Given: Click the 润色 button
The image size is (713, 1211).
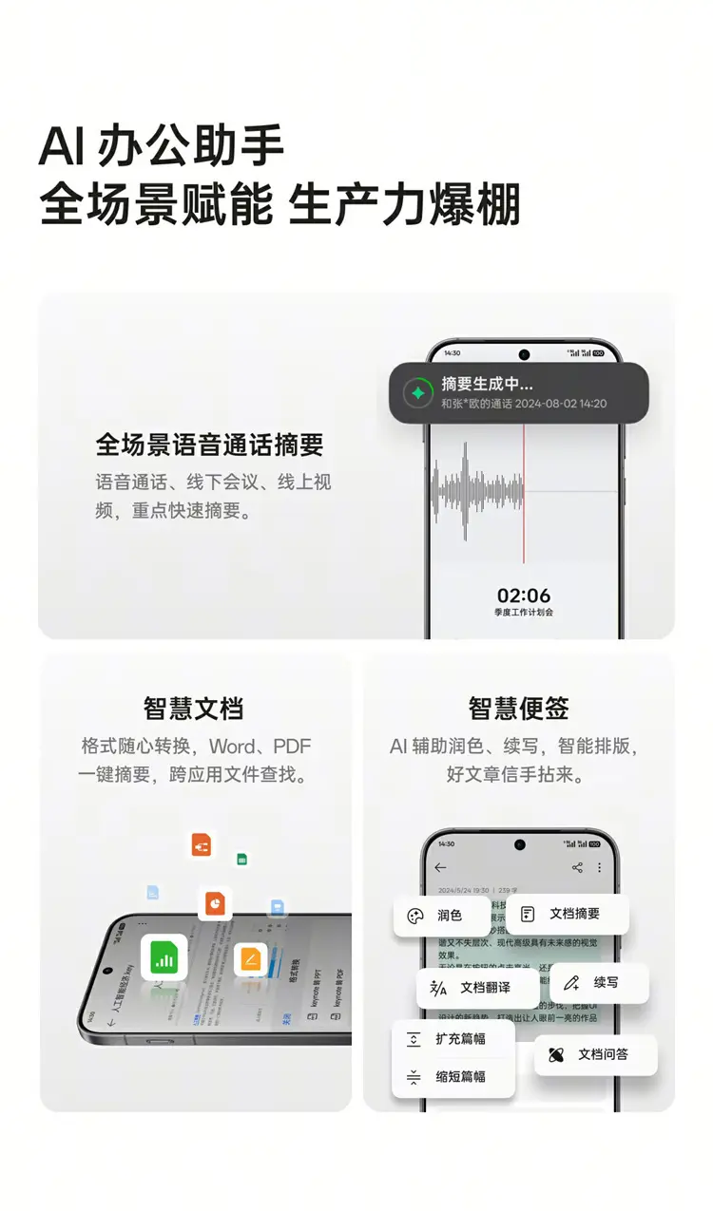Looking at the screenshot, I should (441, 916).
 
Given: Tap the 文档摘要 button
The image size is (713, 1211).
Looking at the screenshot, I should (567, 914).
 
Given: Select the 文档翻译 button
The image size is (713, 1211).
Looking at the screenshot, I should (472, 988).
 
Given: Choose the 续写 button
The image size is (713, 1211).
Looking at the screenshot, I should (598, 982).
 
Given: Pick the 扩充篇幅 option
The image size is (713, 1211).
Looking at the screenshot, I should (453, 1039).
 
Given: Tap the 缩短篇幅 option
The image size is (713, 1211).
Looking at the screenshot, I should (453, 1077).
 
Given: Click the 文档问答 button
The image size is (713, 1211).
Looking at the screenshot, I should (594, 1054).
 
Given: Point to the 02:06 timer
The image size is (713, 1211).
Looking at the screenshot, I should (524, 596).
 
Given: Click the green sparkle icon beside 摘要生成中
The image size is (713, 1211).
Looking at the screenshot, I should (416, 392).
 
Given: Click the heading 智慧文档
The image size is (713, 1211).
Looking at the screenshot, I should (194, 708).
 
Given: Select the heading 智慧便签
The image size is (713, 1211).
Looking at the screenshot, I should (519, 708).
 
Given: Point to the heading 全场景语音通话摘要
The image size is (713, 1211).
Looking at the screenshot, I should (210, 445).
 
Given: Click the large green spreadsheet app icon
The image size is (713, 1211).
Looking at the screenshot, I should (164, 957).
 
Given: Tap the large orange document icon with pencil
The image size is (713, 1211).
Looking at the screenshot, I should (251, 959).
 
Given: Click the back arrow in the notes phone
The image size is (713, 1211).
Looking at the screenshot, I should (440, 867).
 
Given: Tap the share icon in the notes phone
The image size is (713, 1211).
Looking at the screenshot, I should (577, 867).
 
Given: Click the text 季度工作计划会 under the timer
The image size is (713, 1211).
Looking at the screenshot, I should (524, 613).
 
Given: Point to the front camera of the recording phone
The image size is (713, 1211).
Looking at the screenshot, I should (524, 354).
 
